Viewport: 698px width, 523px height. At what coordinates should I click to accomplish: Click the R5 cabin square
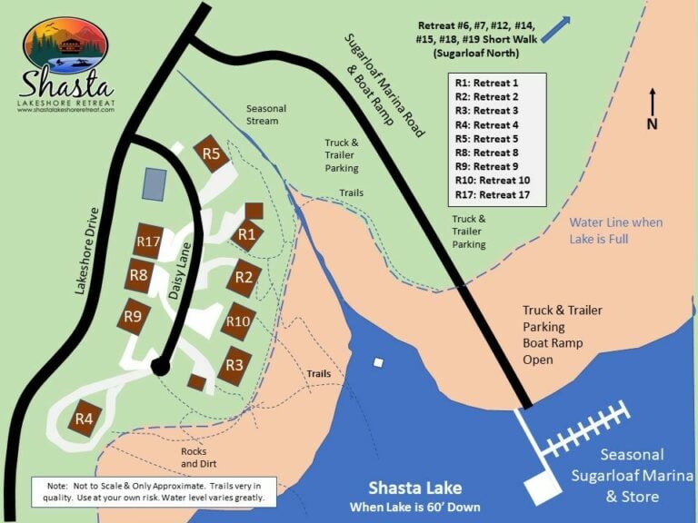(x=212, y=154)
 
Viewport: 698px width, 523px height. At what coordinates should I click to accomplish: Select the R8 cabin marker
(x=139, y=274)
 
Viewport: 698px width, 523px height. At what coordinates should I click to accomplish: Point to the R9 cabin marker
(x=135, y=316)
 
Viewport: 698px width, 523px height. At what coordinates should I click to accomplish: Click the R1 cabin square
(x=246, y=234)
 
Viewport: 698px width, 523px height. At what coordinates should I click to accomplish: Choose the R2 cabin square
(x=244, y=277)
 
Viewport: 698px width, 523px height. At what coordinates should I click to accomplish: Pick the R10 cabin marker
(x=238, y=321)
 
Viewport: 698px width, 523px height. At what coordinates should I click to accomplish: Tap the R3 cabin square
(x=234, y=365)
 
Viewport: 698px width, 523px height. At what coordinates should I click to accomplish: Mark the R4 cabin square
(x=85, y=418)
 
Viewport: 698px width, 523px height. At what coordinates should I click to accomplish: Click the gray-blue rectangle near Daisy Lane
(x=154, y=184)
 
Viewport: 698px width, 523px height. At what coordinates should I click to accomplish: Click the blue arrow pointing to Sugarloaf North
(x=557, y=30)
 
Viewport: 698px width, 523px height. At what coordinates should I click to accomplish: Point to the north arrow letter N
(x=652, y=124)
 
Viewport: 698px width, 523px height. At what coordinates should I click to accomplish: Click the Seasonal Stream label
(x=266, y=114)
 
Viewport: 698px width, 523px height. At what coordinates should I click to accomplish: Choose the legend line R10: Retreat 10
(x=492, y=180)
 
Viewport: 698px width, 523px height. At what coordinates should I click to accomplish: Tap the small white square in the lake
(x=377, y=363)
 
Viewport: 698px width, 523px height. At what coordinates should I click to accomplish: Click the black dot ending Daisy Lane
(x=160, y=367)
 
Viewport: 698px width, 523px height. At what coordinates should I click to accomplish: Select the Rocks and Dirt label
(x=194, y=457)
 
